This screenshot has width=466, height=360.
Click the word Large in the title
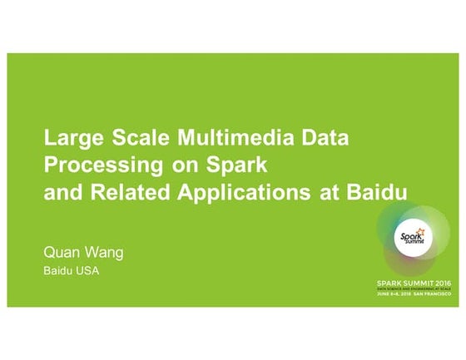pos(69,136)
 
